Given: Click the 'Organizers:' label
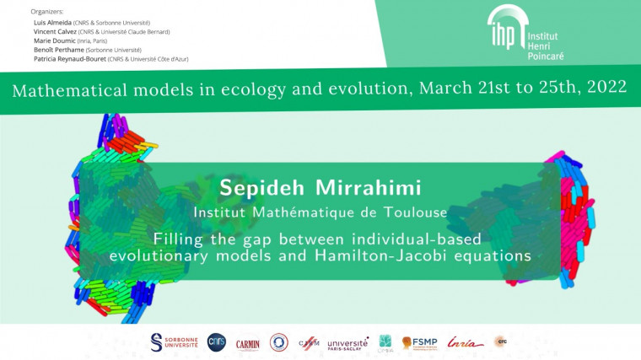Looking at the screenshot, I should tap(47, 12).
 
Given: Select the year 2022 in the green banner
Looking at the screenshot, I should tap(605, 89).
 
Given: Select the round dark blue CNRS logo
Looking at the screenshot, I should tap(217, 341).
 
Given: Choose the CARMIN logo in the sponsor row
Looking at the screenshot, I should tap(248, 342).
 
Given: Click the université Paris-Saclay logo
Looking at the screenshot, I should tap(347, 343).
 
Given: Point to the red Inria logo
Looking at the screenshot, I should tap(466, 342).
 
